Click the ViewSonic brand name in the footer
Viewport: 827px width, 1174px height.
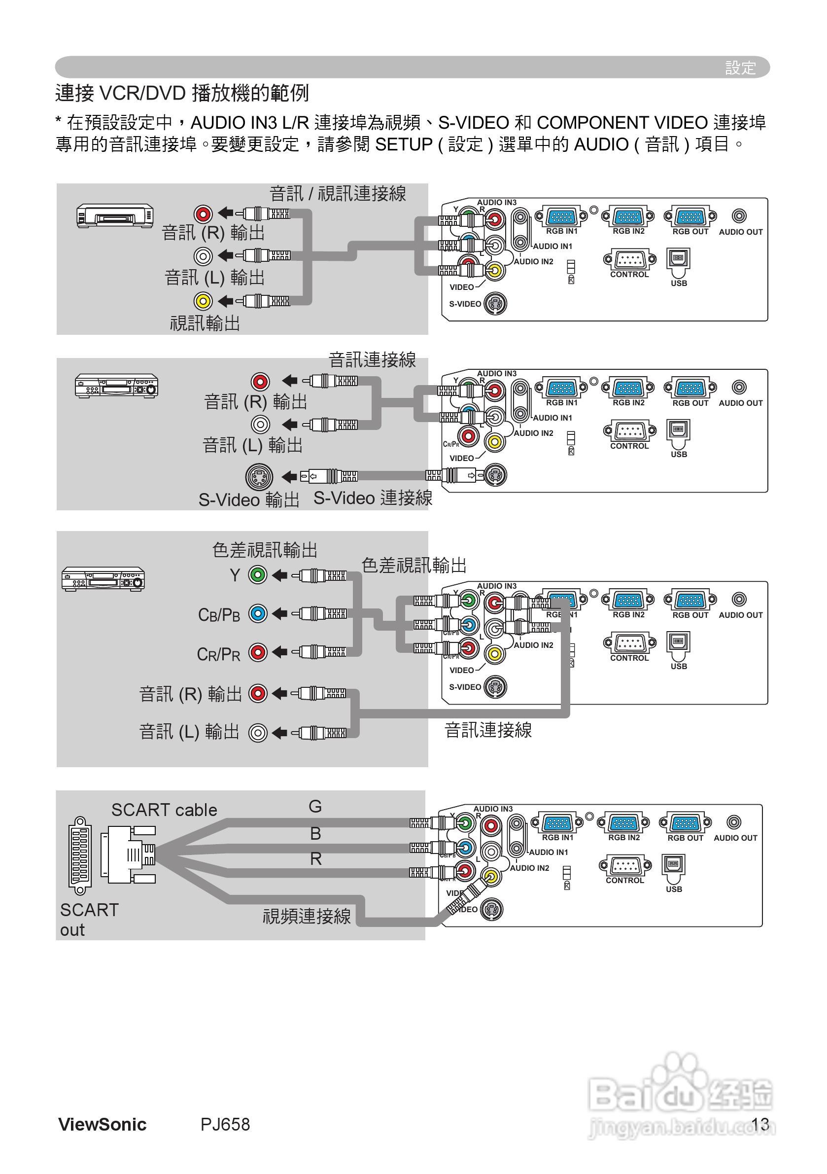102,1124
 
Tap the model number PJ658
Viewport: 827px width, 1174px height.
225,1124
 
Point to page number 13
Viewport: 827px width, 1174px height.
760,1124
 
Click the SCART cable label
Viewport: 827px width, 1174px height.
164,810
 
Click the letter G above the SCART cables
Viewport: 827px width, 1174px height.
315,806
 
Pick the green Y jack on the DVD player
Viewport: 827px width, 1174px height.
258,575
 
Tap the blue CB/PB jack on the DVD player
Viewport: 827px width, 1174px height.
258,613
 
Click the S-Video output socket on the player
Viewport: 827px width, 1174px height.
259,477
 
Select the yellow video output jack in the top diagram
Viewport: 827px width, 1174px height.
203,301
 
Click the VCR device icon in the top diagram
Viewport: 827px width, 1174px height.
115,215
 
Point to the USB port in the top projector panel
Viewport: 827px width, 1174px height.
678,259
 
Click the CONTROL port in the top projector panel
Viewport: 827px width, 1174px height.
629,260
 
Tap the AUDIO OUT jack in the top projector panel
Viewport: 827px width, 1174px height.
739,216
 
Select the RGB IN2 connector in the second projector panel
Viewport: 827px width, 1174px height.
628,388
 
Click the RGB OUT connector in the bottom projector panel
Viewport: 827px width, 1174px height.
685,823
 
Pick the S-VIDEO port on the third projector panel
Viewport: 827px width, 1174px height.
495,687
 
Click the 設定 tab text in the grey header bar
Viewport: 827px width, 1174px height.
740,68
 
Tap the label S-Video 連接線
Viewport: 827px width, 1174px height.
373,498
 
